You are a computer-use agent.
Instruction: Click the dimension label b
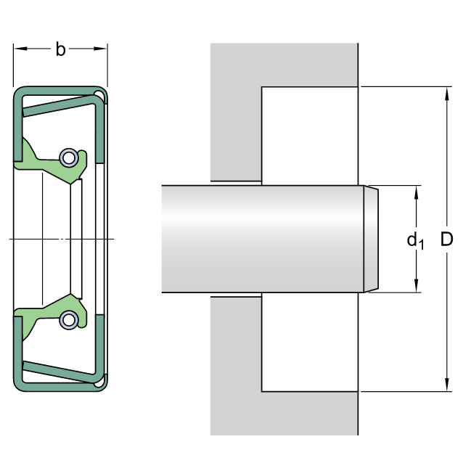60,49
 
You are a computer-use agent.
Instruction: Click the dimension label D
446,239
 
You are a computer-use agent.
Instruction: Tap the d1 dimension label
415,241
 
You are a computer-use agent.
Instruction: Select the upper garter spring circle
69,157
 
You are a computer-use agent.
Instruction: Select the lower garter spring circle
69,320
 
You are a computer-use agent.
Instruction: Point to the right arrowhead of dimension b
100,48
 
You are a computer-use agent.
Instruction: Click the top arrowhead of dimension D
447,94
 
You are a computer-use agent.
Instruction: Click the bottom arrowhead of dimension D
447,385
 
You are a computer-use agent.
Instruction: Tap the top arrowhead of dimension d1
417,192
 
